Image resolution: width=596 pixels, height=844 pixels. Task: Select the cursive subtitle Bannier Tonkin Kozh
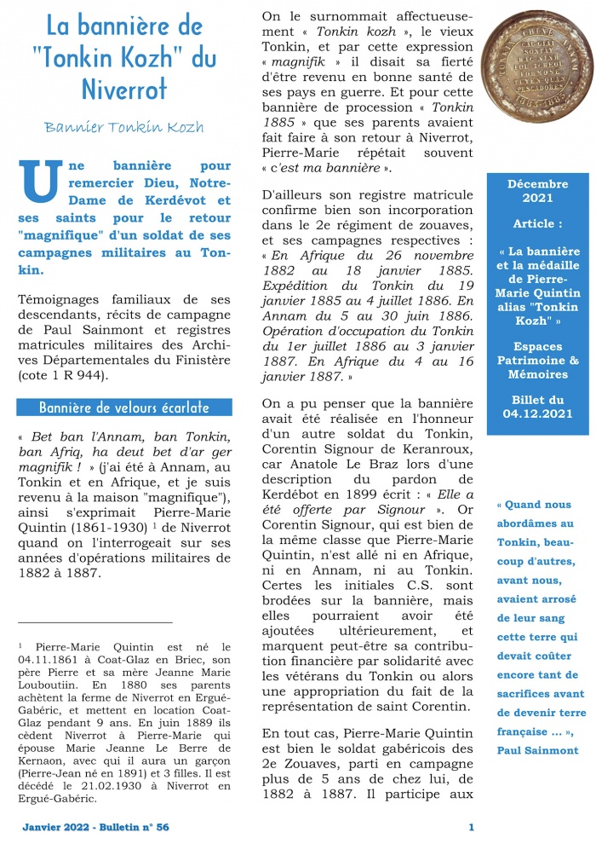click(x=124, y=127)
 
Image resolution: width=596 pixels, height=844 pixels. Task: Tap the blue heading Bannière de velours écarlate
click(x=123, y=407)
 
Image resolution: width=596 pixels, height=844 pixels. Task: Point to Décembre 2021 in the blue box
click(x=537, y=191)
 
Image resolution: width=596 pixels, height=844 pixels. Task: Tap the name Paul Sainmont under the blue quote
click(x=538, y=751)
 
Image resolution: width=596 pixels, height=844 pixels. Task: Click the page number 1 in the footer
click(x=472, y=827)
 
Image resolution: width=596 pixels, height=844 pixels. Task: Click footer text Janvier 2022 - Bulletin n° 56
click(x=95, y=827)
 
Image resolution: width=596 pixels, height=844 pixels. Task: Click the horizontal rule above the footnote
click(x=94, y=623)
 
